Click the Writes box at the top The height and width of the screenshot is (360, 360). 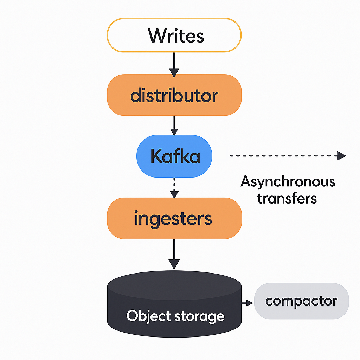174,35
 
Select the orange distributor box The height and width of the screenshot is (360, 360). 174,95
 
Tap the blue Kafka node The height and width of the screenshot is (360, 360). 174,156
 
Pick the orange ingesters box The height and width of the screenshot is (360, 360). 174,218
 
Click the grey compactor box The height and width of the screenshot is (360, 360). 301,301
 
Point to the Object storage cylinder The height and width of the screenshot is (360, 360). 174,309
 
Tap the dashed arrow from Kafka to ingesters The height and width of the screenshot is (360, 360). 174,188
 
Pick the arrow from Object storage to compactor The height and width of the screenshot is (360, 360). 247,302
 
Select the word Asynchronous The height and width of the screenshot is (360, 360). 288,182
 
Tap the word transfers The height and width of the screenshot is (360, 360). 287,198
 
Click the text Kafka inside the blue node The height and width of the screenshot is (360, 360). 175,156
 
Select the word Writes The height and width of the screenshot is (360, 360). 175,36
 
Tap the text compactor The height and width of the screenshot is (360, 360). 301,301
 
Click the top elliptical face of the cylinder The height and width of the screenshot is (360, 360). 174,283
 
